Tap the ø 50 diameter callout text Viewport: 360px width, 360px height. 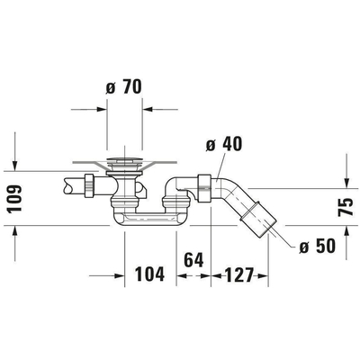tap(316, 246)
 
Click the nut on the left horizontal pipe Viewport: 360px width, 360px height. tap(91, 186)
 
